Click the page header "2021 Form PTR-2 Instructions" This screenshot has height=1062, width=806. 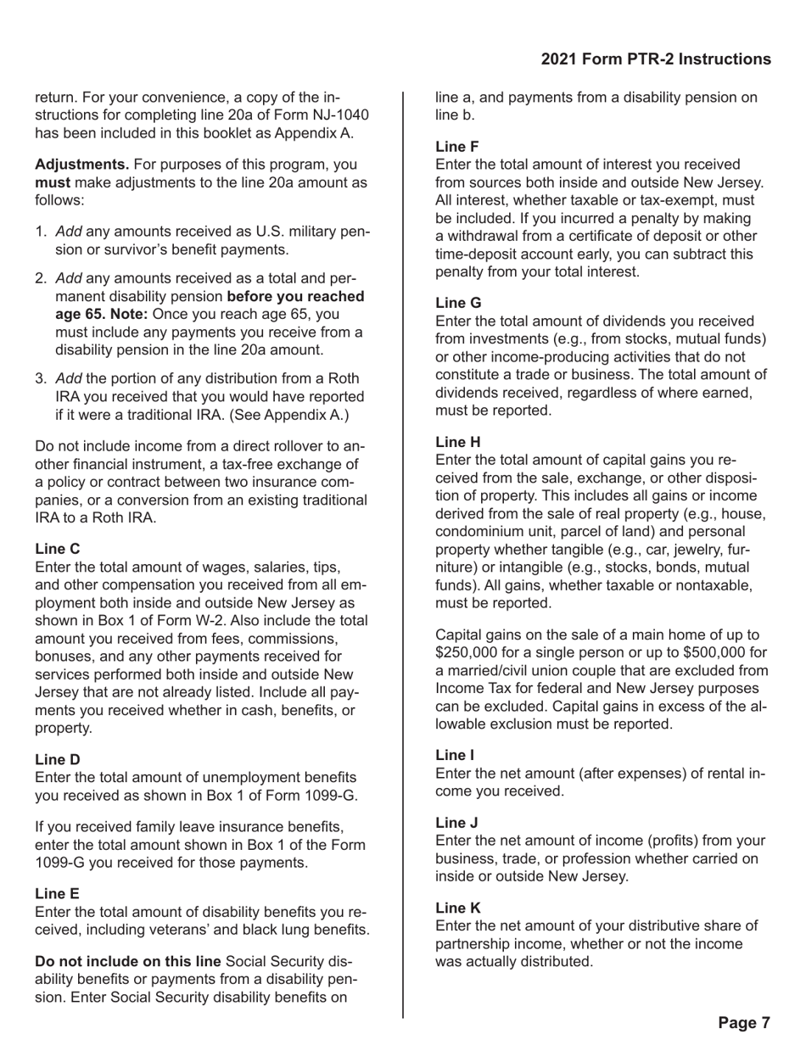(655, 59)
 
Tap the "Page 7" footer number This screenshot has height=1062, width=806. (743, 1022)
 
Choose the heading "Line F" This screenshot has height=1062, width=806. (457, 146)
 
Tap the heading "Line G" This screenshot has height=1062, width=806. (458, 302)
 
